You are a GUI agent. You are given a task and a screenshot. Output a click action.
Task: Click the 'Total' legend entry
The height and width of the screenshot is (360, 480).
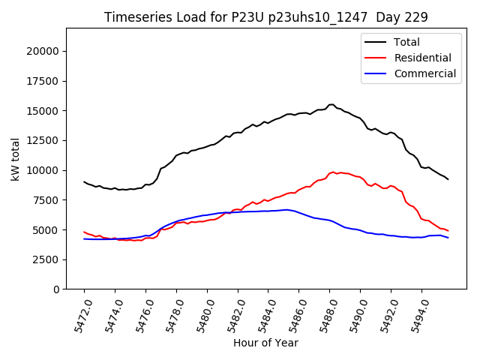tap(406, 42)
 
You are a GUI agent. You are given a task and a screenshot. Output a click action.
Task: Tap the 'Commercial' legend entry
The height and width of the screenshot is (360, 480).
tap(424, 73)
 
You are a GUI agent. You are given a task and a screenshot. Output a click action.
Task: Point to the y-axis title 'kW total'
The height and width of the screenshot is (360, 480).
tap(16, 159)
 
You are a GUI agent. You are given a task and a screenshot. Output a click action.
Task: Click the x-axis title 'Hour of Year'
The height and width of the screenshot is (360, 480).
tap(265, 343)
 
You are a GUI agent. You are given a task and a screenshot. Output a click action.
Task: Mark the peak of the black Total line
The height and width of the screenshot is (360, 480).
tap(331, 104)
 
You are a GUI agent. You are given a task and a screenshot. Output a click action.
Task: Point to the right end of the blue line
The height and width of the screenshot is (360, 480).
tap(448, 238)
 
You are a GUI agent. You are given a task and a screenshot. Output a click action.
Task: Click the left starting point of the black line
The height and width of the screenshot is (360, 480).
tap(84, 181)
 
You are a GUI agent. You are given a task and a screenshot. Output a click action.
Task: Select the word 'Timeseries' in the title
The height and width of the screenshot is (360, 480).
tap(131, 16)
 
